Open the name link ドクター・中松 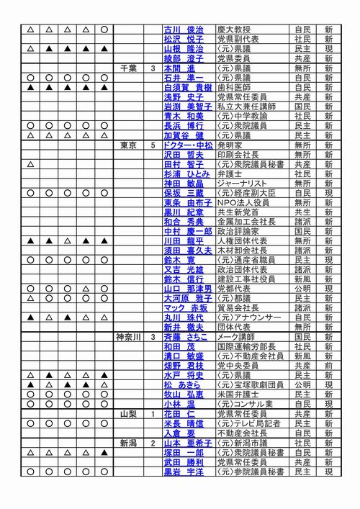[x=188, y=145]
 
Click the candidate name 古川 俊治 [x=184, y=30]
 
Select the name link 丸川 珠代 [x=184, y=317]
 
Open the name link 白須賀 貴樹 [x=187, y=87]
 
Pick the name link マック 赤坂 [x=185, y=307]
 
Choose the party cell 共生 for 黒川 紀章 [x=302, y=212]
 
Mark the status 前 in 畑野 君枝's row [x=328, y=365]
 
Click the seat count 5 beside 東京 [x=153, y=145]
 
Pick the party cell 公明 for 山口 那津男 [x=302, y=288]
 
